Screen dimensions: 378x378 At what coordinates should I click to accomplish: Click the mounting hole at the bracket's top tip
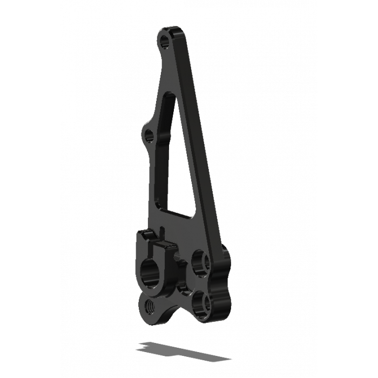[x=164, y=40]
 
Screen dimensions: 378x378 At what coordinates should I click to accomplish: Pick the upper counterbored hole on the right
[x=201, y=262]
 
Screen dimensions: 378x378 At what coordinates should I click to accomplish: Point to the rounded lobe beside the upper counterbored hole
[x=224, y=265]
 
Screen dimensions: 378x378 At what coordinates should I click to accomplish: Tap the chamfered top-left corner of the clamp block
[x=141, y=234]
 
